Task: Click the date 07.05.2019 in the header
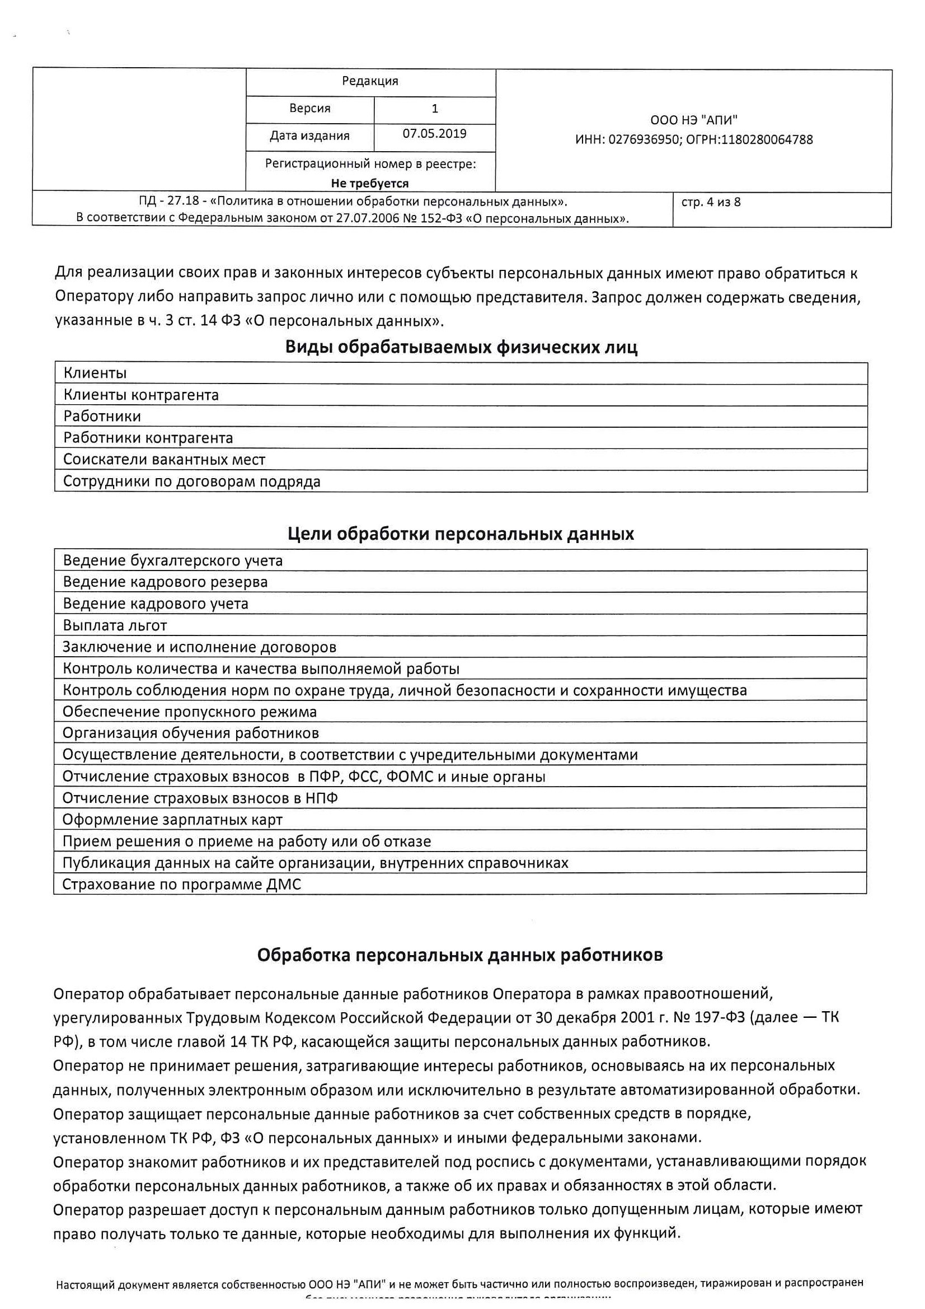click(x=434, y=133)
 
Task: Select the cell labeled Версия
click(x=309, y=108)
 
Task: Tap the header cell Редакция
click(x=370, y=81)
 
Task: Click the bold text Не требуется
click(x=370, y=184)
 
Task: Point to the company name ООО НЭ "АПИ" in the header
click(x=693, y=120)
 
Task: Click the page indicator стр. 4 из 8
click(x=711, y=202)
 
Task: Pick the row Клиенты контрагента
click(x=141, y=395)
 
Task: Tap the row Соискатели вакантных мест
click(x=164, y=460)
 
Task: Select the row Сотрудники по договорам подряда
click(x=191, y=481)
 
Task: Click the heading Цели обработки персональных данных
click(x=461, y=534)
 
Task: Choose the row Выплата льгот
click(x=115, y=625)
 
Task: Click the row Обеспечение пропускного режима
click(x=189, y=712)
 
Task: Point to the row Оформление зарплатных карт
click(x=172, y=819)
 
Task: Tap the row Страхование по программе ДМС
click(x=181, y=884)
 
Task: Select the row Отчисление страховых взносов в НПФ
click(x=200, y=798)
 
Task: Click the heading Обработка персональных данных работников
click(x=460, y=955)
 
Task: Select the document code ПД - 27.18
click(x=168, y=202)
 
